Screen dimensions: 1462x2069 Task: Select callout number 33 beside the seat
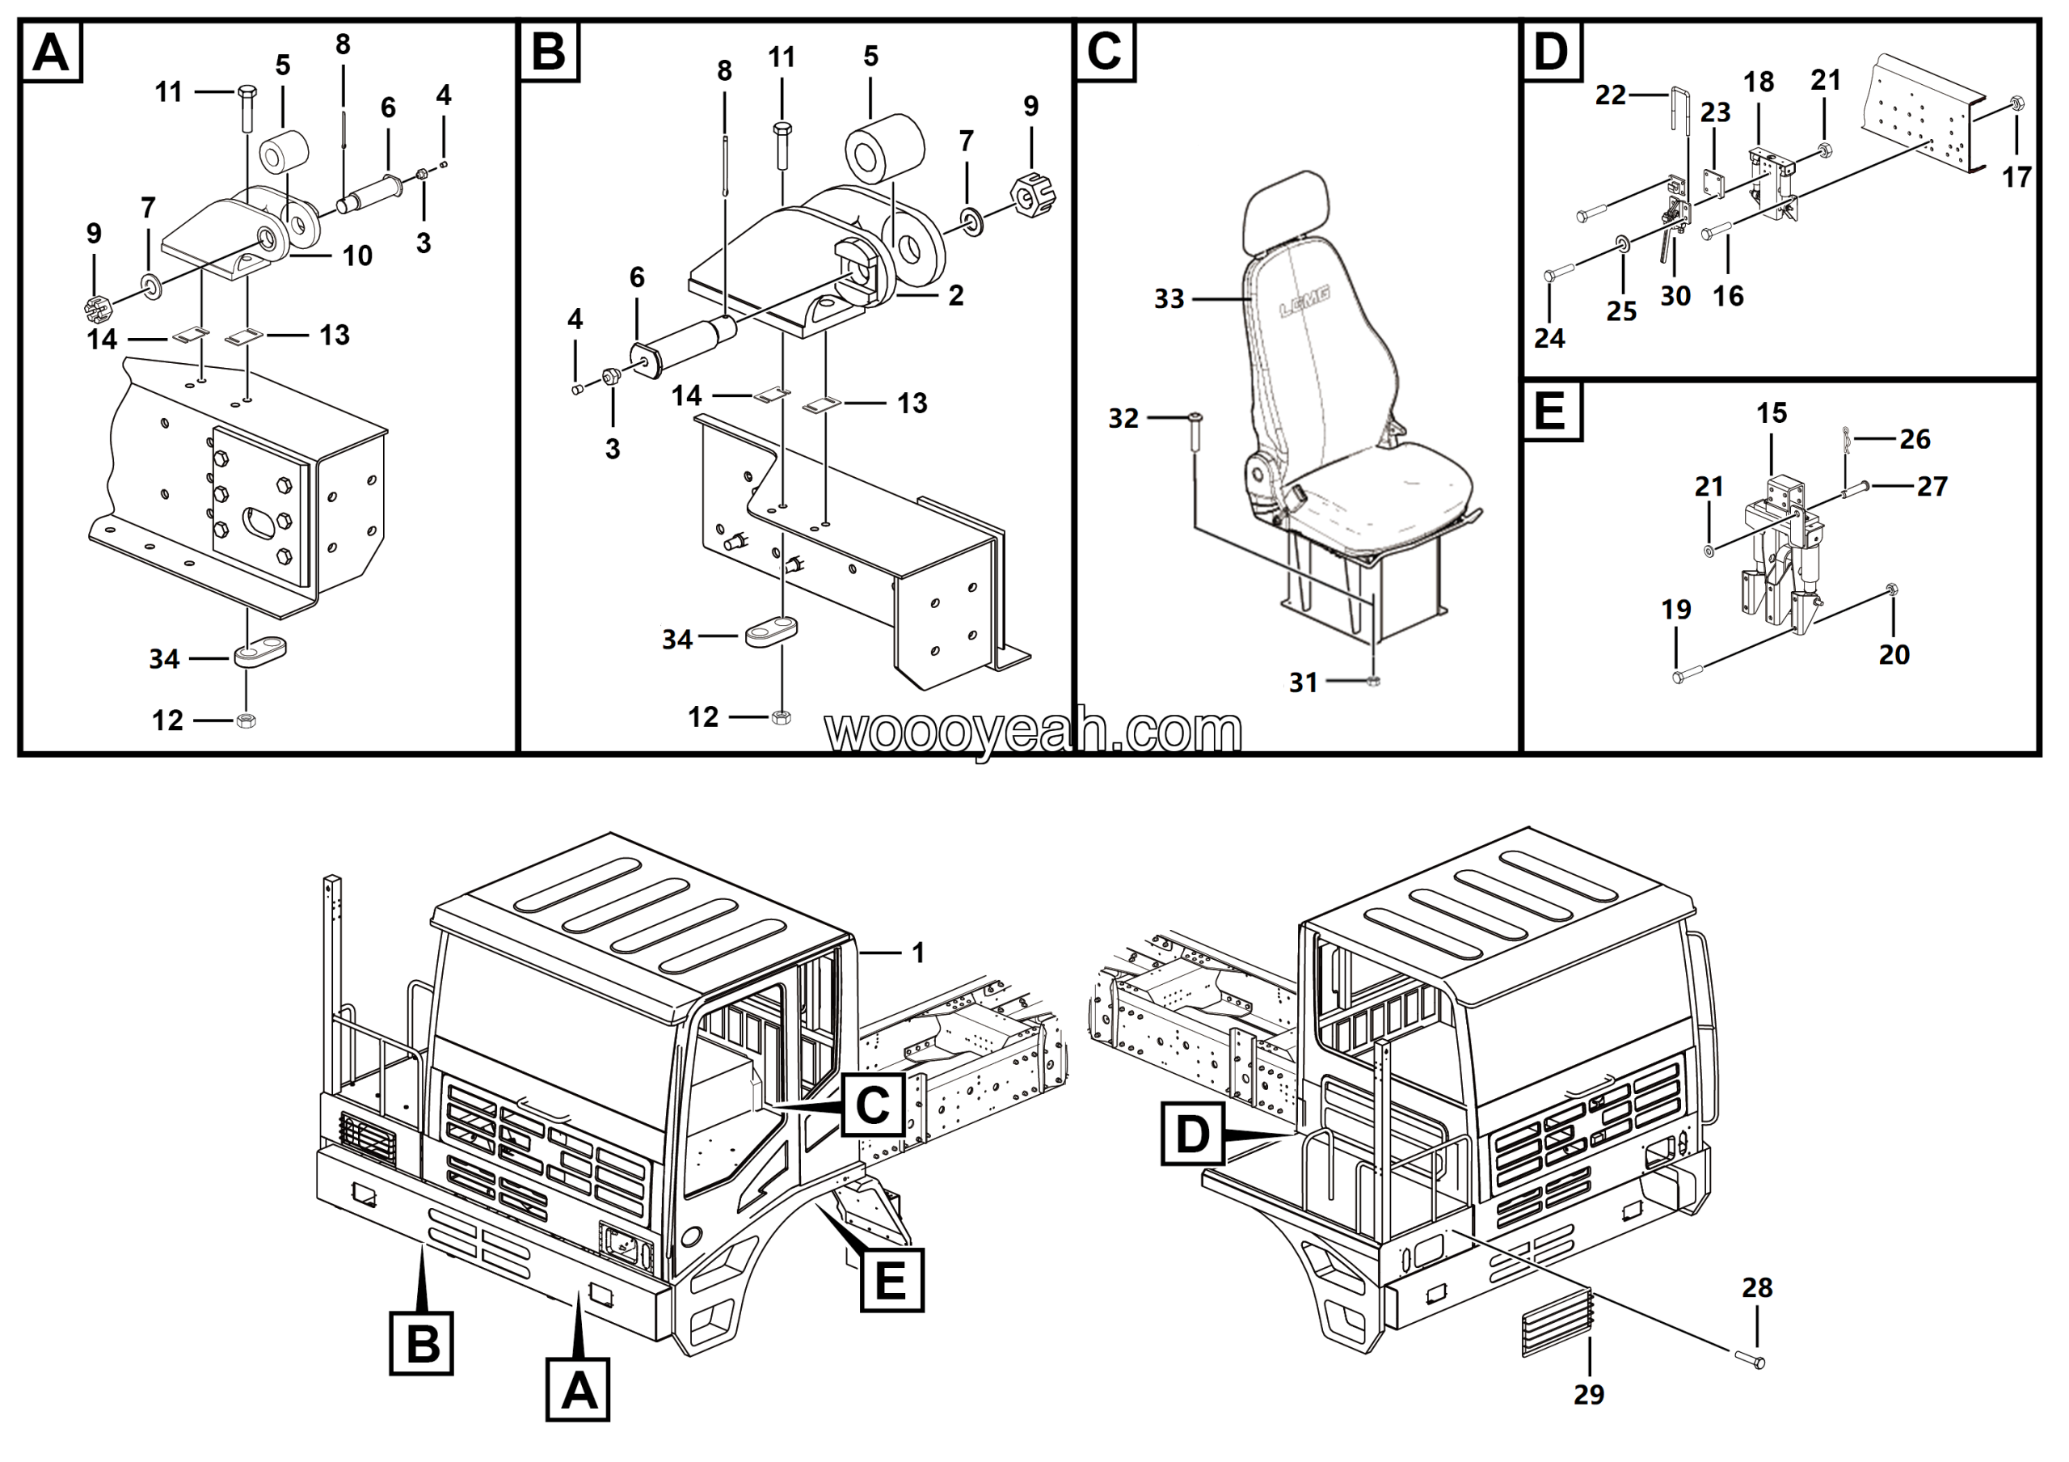pyautogui.click(x=1169, y=299)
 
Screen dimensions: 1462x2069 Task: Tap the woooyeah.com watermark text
pyautogui.click(x=1034, y=732)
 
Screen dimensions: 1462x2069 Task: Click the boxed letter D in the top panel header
pyautogui.click(x=1550, y=52)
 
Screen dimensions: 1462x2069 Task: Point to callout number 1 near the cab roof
pyautogui.click(x=918, y=953)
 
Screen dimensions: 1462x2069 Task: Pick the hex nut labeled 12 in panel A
pyautogui.click(x=245, y=720)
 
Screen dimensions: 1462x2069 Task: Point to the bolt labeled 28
pyautogui.click(x=1750, y=1360)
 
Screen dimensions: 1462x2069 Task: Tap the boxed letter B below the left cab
pyautogui.click(x=421, y=1343)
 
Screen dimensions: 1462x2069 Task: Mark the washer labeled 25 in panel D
pyautogui.click(x=1621, y=243)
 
